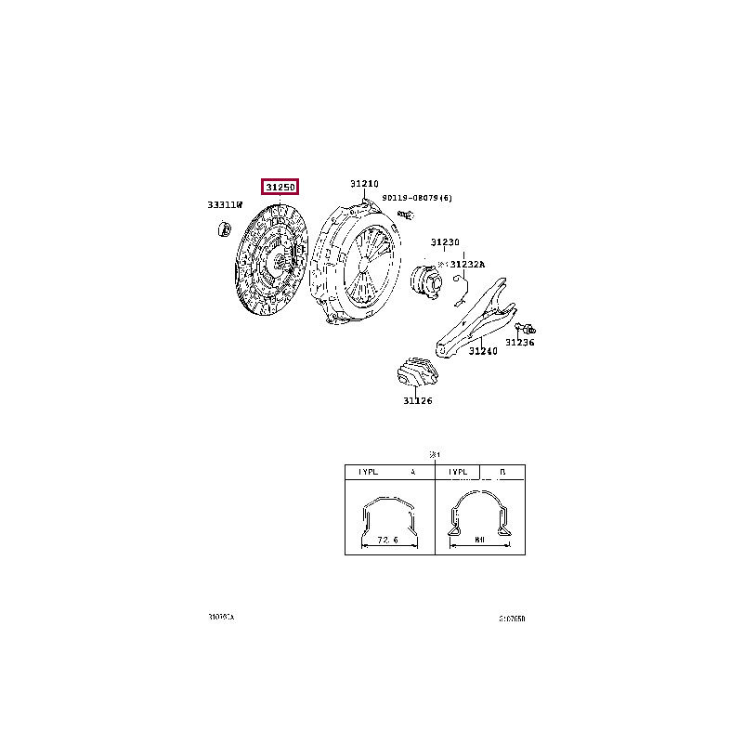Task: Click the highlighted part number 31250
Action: coord(280,188)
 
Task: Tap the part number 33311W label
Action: coord(224,204)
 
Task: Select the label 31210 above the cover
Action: coord(365,184)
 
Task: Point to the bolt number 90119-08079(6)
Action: coord(417,198)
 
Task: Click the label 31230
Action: coord(445,242)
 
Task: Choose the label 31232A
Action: coord(468,264)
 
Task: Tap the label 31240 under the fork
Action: coord(483,351)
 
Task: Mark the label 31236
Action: coord(520,342)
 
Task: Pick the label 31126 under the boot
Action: coord(417,401)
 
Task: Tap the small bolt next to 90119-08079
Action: coord(404,215)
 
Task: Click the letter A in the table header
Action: coord(412,473)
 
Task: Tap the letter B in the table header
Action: coord(502,473)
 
